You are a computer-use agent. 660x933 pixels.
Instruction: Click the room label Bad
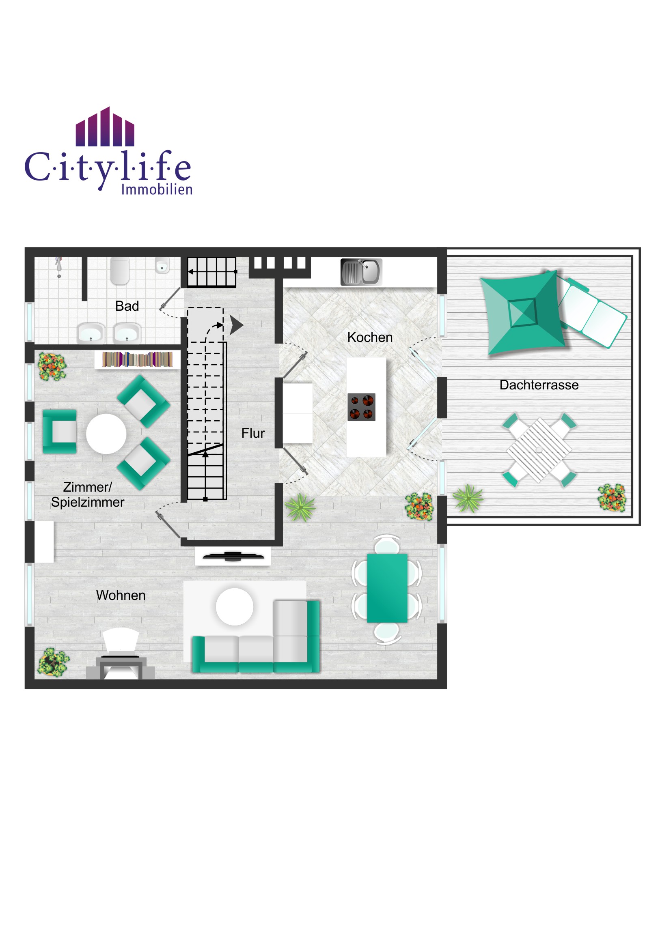pos(127,306)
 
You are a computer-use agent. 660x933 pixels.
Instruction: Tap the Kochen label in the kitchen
pos(370,337)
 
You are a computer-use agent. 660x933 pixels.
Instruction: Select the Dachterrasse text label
pos(539,385)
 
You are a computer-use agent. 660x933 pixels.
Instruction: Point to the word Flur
pos(253,433)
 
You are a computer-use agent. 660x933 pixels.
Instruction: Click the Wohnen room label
pos(121,595)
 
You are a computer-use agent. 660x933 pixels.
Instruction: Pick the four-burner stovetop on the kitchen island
pos(361,407)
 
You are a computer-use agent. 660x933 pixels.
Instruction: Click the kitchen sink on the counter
pos(361,272)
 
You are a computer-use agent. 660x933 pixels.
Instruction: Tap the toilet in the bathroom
pos(120,271)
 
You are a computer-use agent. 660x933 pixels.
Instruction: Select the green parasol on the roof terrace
pos(522,312)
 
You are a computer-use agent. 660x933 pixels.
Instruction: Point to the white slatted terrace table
pos(539,450)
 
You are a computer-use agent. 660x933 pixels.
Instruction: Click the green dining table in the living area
pos(387,588)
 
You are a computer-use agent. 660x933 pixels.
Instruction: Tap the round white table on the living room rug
pos(235,607)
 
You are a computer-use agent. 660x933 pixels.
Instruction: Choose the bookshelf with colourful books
pos(138,360)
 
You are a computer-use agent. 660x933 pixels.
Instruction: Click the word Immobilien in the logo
pos(157,189)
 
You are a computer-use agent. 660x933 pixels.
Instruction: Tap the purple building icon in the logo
pos(105,127)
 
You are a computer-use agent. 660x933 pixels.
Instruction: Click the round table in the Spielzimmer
pos(106,434)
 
